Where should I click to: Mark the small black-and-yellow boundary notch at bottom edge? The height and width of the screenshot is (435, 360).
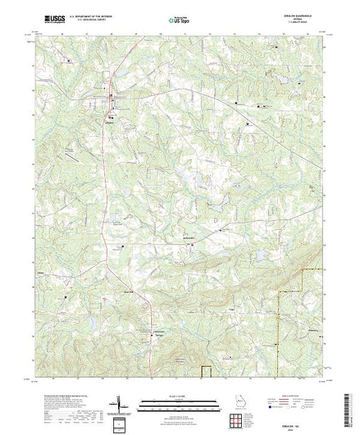205,369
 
